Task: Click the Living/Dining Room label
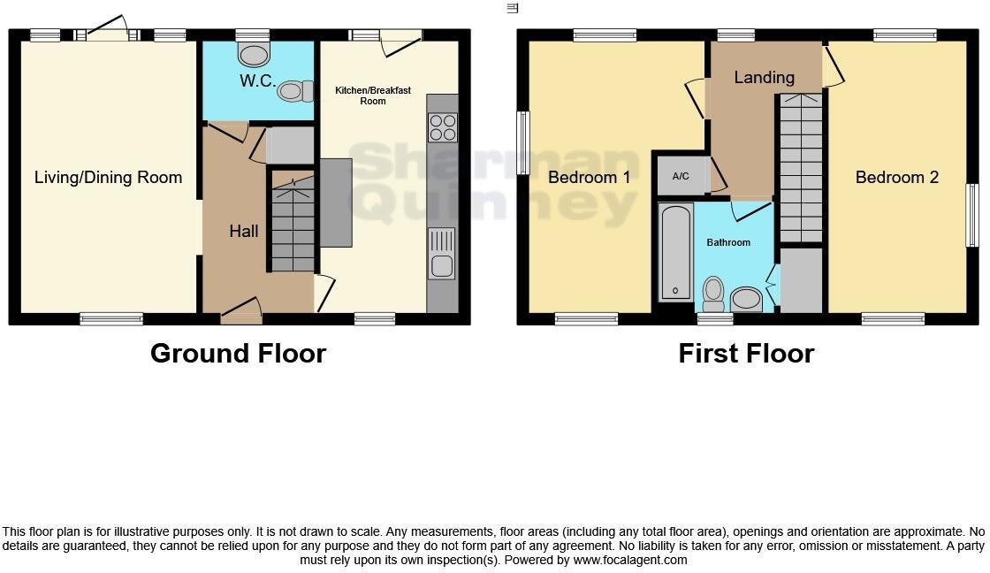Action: [x=108, y=177]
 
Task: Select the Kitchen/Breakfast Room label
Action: [x=372, y=95]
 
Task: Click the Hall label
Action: [x=244, y=231]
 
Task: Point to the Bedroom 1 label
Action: [x=589, y=177]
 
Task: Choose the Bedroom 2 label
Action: [x=896, y=177]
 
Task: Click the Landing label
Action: [x=764, y=77]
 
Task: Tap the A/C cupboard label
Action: [x=681, y=177]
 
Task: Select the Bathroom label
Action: [x=727, y=242]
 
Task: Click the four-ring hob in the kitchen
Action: [x=442, y=128]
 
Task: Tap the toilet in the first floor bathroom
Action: [x=713, y=290]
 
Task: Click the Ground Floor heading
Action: [x=238, y=353]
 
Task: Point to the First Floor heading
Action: [x=745, y=353]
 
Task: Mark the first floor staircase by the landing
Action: [x=801, y=168]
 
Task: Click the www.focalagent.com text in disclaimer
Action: [x=630, y=560]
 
